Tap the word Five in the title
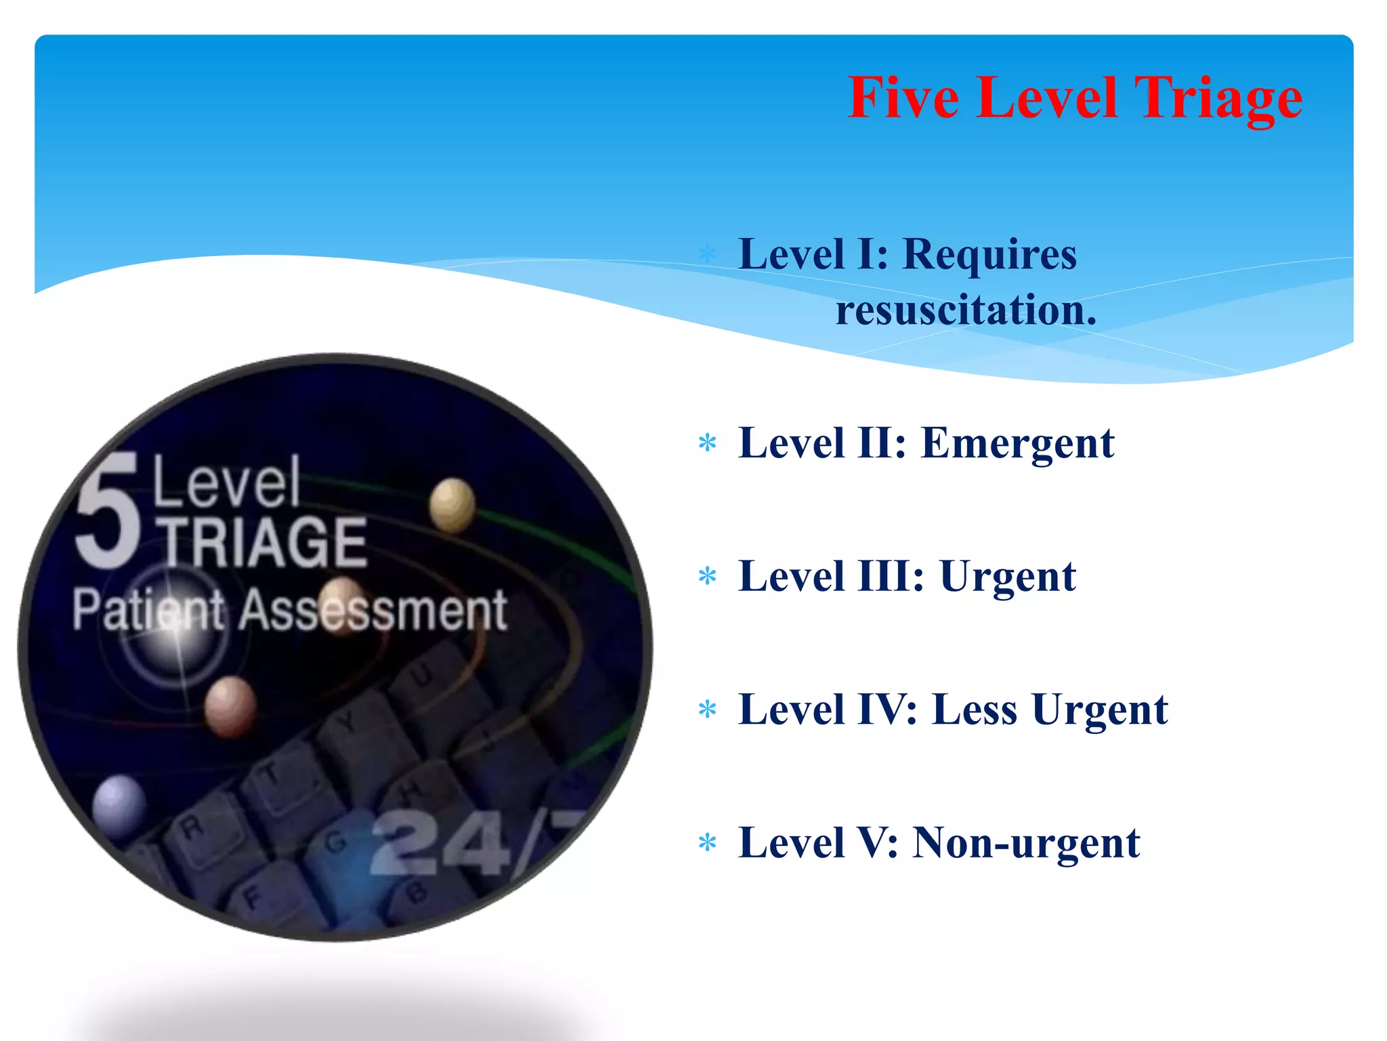[903, 99]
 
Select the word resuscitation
[966, 310]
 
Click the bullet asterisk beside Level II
[708, 444]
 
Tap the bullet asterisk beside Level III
[708, 577]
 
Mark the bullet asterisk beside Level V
[708, 844]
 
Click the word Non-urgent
[1026, 844]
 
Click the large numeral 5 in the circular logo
[108, 512]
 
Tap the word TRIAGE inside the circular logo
[264, 542]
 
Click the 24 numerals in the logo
[440, 844]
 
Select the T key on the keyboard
[271, 773]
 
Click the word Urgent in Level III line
[1008, 577]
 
